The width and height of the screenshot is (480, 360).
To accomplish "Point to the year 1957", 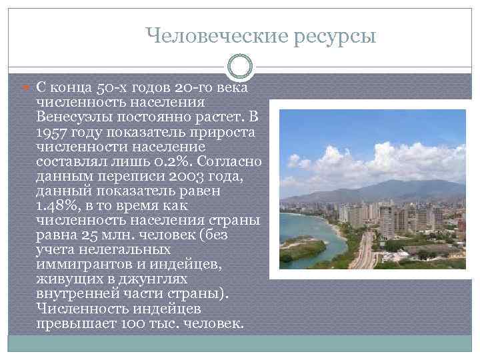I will [x=52, y=131].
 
